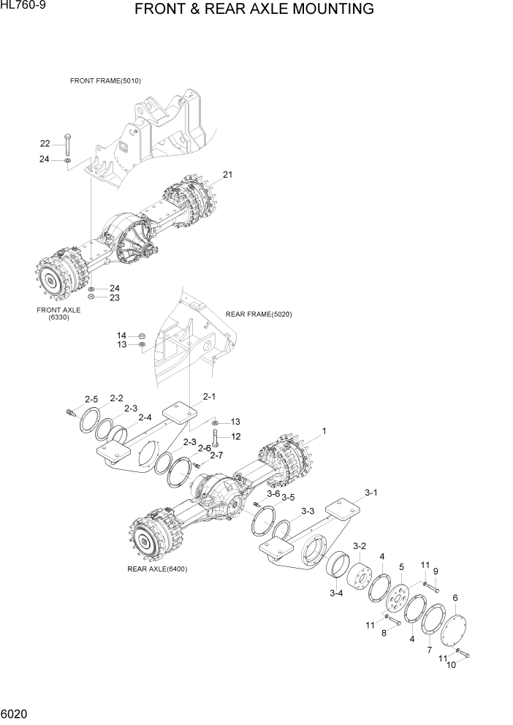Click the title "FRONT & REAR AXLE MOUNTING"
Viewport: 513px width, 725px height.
tap(254, 10)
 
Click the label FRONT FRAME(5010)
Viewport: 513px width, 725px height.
tap(105, 80)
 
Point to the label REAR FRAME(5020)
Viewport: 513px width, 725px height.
tap(259, 314)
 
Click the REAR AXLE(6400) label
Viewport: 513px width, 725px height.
tap(156, 569)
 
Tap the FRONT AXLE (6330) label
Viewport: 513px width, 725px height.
tap(58, 314)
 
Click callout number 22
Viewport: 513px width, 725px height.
tap(45, 143)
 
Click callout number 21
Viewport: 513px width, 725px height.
tap(227, 175)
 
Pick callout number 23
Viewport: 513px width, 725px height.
tap(115, 297)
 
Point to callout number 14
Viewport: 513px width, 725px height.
tap(121, 335)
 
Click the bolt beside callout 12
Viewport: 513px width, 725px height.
tap(215, 438)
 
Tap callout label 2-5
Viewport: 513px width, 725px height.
tap(91, 399)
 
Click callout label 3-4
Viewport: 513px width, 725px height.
tap(336, 593)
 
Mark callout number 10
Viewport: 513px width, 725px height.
tap(451, 664)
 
